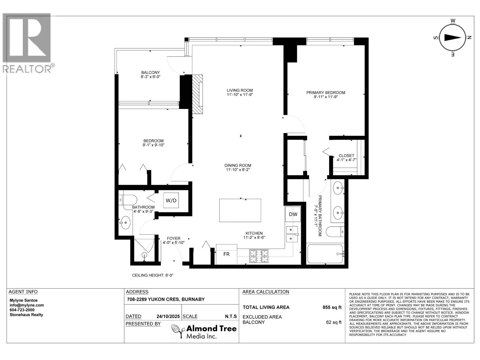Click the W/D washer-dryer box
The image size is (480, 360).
pyautogui.click(x=171, y=200)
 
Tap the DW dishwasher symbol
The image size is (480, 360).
pyautogui.click(x=293, y=214)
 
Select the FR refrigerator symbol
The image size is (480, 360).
pyautogui.click(x=226, y=254)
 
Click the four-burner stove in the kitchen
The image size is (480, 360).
pyautogui.click(x=259, y=256)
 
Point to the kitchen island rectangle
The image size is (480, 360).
pyautogui.click(x=240, y=210)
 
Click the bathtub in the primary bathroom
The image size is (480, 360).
pyautogui.click(x=325, y=254)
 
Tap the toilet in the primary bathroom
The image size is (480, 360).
pyautogui.click(x=334, y=232)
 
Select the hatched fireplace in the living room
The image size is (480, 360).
pyautogui.click(x=197, y=94)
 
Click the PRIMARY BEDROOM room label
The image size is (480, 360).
pyautogui.click(x=325, y=92)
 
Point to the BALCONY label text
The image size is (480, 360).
pyautogui.click(x=151, y=72)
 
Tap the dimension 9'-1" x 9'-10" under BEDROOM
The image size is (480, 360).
pyautogui.click(x=153, y=145)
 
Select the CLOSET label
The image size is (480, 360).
pyautogui.click(x=346, y=155)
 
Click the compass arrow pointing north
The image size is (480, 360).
pyautogui.click(x=452, y=37)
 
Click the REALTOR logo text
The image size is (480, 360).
pyautogui.click(x=28, y=69)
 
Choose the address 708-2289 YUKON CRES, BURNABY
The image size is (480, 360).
pyautogui.click(x=166, y=299)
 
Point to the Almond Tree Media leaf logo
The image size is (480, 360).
pyautogui.click(x=178, y=331)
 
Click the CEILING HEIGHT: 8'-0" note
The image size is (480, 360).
pyautogui.click(x=153, y=275)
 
